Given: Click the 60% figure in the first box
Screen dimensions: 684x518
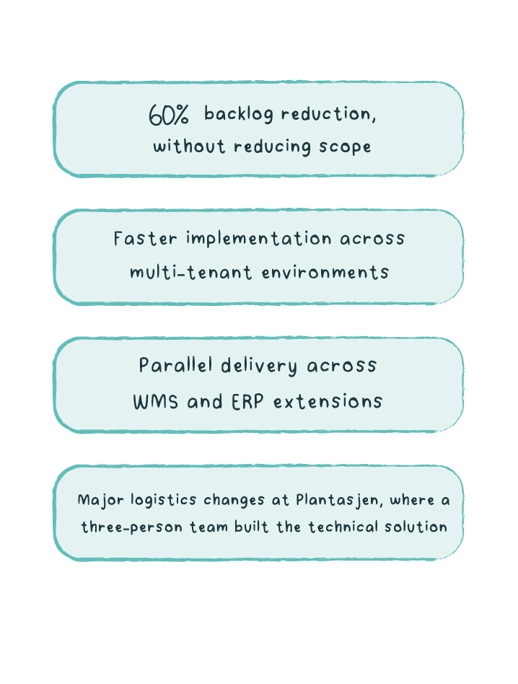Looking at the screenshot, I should (169, 115).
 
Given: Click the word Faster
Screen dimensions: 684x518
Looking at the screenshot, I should (146, 238).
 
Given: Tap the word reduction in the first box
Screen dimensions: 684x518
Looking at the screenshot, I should (328, 114).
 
